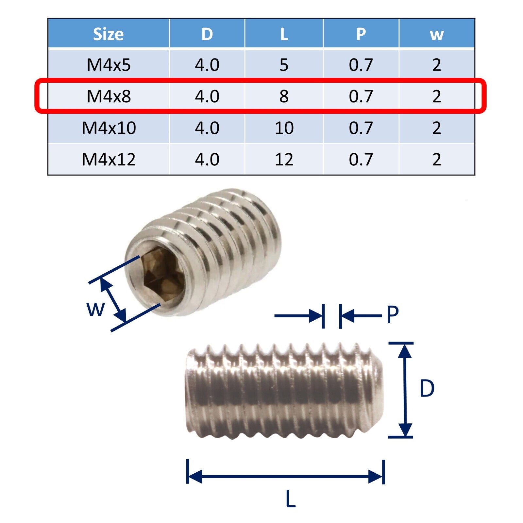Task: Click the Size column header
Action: coord(109,34)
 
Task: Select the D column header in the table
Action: coord(207,34)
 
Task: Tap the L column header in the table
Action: coord(284,34)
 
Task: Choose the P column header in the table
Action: coord(361,34)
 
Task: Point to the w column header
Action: coord(437,35)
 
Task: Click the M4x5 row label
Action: coord(109,65)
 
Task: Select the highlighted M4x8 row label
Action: coord(109,96)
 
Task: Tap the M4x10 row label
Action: coord(109,127)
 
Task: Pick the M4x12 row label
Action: coord(109,159)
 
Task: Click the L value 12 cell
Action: coord(284,159)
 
